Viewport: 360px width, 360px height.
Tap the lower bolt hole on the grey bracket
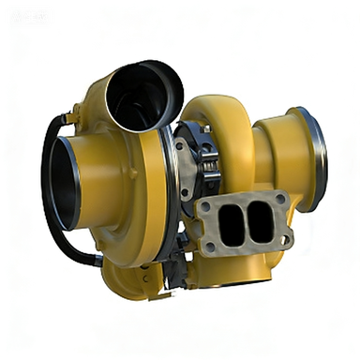(x=184, y=193)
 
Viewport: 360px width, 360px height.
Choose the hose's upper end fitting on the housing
(x=67, y=119)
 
